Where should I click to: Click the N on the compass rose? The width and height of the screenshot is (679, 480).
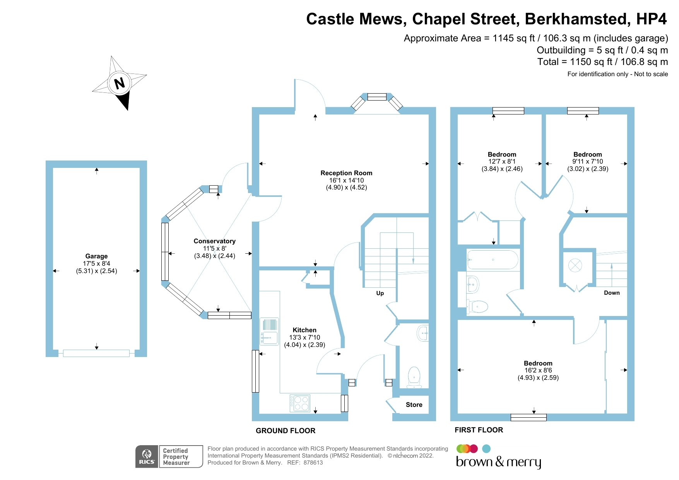tap(120, 83)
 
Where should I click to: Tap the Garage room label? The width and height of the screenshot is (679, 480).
tap(96, 256)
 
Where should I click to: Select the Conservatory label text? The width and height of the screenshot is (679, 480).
tap(214, 241)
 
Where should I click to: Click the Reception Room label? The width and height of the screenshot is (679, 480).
tap(346, 173)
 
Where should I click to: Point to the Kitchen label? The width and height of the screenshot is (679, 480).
tap(304, 330)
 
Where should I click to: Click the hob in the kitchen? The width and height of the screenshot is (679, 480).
tap(300, 403)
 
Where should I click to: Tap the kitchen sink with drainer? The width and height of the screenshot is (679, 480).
tap(269, 331)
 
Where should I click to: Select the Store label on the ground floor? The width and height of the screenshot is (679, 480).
tap(414, 405)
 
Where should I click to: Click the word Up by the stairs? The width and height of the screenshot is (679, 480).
tap(380, 293)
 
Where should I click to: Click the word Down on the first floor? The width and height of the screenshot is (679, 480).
tap(612, 293)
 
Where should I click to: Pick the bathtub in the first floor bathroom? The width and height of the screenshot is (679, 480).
tap(493, 260)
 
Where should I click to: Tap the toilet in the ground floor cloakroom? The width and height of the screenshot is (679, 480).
tap(414, 376)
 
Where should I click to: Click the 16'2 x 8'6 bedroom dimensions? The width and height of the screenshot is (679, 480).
tap(538, 370)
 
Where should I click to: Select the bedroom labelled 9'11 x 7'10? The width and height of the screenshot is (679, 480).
tap(587, 154)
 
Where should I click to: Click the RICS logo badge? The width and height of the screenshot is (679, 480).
tap(147, 456)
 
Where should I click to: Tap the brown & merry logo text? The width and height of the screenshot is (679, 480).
tap(498, 462)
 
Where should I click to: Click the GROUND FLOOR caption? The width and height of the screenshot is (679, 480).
tap(286, 430)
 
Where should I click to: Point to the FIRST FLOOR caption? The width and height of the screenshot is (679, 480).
tap(479, 430)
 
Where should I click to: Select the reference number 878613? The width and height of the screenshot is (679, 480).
tap(313, 463)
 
